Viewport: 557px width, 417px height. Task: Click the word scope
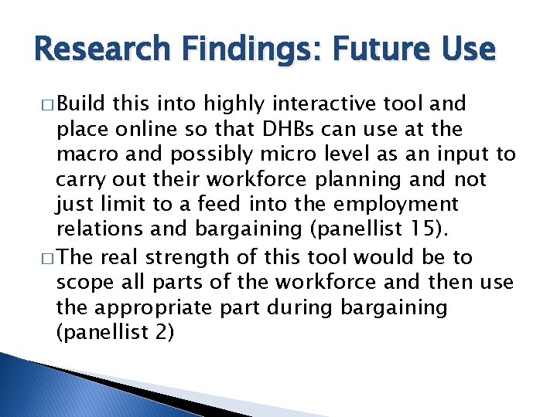[x=83, y=282]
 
